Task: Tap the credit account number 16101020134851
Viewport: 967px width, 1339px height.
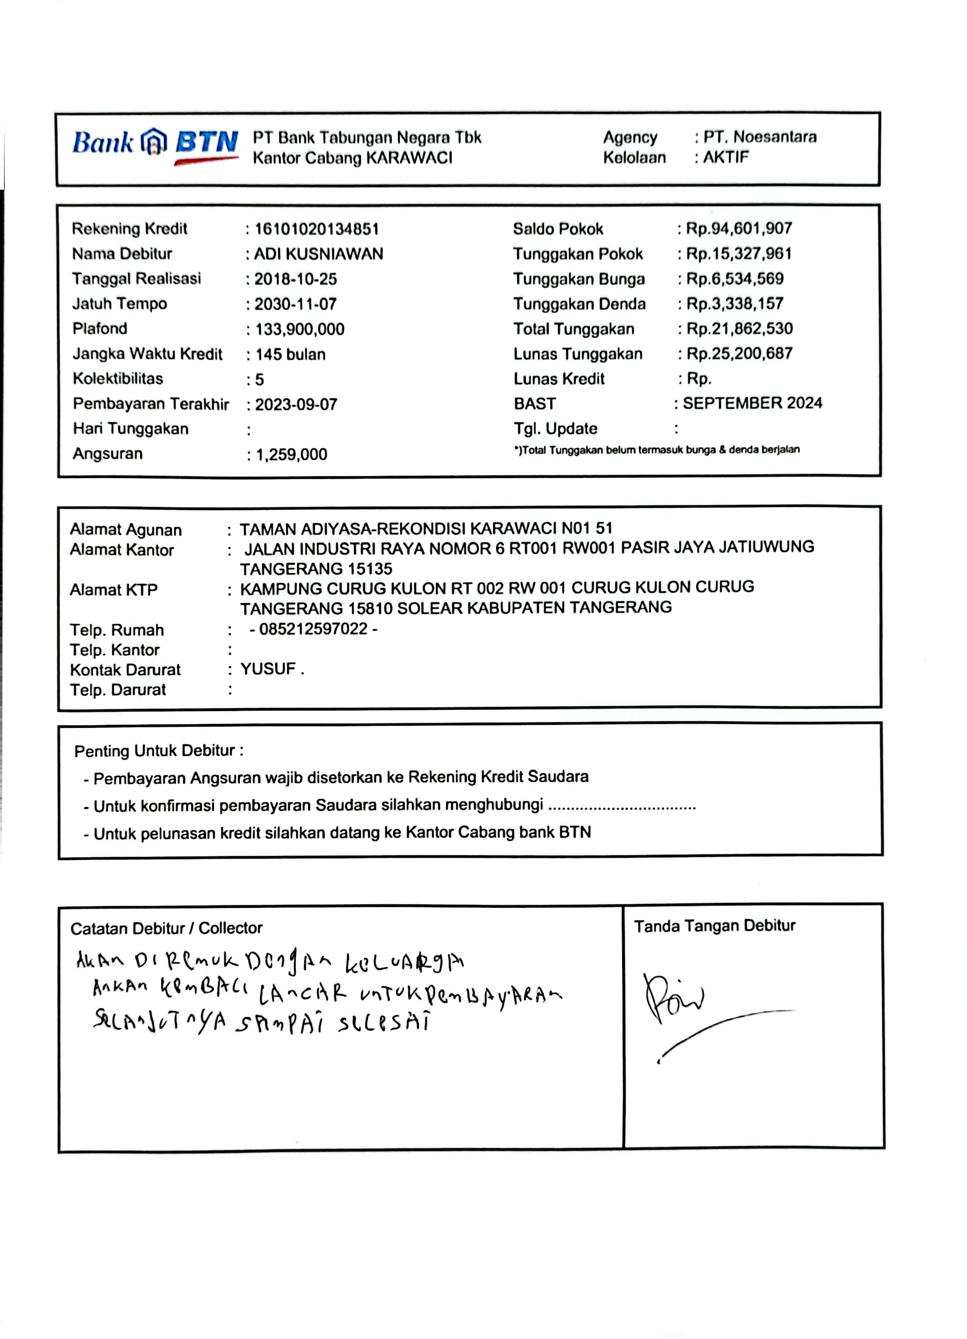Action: pyautogui.click(x=317, y=229)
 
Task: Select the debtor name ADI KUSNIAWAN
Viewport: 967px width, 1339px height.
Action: pyautogui.click(x=318, y=254)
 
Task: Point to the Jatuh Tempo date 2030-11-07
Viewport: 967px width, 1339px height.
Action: pyautogui.click(x=295, y=304)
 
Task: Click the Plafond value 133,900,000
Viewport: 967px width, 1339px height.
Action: pyautogui.click(x=300, y=329)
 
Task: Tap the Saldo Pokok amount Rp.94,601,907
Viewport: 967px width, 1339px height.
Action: pyautogui.click(x=738, y=229)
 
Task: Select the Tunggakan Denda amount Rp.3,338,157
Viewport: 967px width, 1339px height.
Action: pyautogui.click(x=734, y=304)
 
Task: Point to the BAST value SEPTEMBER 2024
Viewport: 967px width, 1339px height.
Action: pyautogui.click(x=752, y=403)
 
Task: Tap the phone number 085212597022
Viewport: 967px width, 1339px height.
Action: pyautogui.click(x=313, y=629)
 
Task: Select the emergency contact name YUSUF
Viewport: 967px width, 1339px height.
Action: pyautogui.click(x=268, y=669)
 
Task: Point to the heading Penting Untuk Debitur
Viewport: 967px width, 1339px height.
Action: pyautogui.click(x=158, y=751)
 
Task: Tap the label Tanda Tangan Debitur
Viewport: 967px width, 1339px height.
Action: pyautogui.click(x=714, y=926)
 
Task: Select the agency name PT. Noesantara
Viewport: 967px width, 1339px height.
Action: pyautogui.click(x=760, y=137)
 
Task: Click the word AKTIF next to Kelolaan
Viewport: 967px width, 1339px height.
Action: pyautogui.click(x=725, y=158)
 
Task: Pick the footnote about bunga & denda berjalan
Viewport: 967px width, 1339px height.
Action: pyautogui.click(x=656, y=450)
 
